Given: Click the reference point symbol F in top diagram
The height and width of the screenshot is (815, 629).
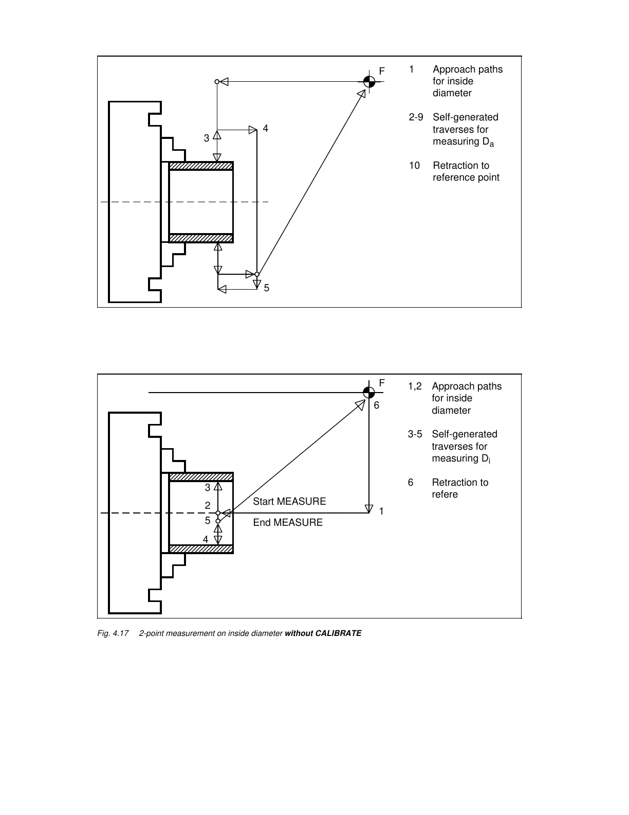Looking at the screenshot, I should coord(369,81).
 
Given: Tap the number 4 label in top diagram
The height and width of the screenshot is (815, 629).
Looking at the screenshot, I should coord(266,128).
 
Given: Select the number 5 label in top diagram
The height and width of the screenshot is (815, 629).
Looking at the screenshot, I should coord(267,288).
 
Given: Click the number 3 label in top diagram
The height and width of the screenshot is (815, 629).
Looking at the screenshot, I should coord(207,138).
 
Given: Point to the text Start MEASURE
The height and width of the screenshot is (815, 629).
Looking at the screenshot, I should coord(289,501).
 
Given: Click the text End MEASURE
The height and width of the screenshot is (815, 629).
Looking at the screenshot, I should coord(288,522).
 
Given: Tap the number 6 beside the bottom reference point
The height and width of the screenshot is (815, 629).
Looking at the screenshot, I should coord(377,405).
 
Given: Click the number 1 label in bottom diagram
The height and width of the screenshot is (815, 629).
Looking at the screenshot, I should coord(381,511).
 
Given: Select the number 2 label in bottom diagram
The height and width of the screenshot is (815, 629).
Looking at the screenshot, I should coord(208,506).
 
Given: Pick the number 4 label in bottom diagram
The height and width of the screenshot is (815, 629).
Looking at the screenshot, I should coord(206,539).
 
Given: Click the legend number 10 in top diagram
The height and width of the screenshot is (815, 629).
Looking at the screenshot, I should coord(414,166).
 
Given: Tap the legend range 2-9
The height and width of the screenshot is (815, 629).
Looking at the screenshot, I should coord(416,117).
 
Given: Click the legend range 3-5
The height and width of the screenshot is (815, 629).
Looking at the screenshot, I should coord(415,434).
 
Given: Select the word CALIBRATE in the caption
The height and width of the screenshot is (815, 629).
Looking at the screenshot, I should coord(338,633).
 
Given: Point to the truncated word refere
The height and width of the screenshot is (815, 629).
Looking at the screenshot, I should coord(445,494).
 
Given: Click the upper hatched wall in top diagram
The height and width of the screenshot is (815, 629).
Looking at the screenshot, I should coord(201,166).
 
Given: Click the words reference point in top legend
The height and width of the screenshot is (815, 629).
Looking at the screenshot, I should coord(466,178).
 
